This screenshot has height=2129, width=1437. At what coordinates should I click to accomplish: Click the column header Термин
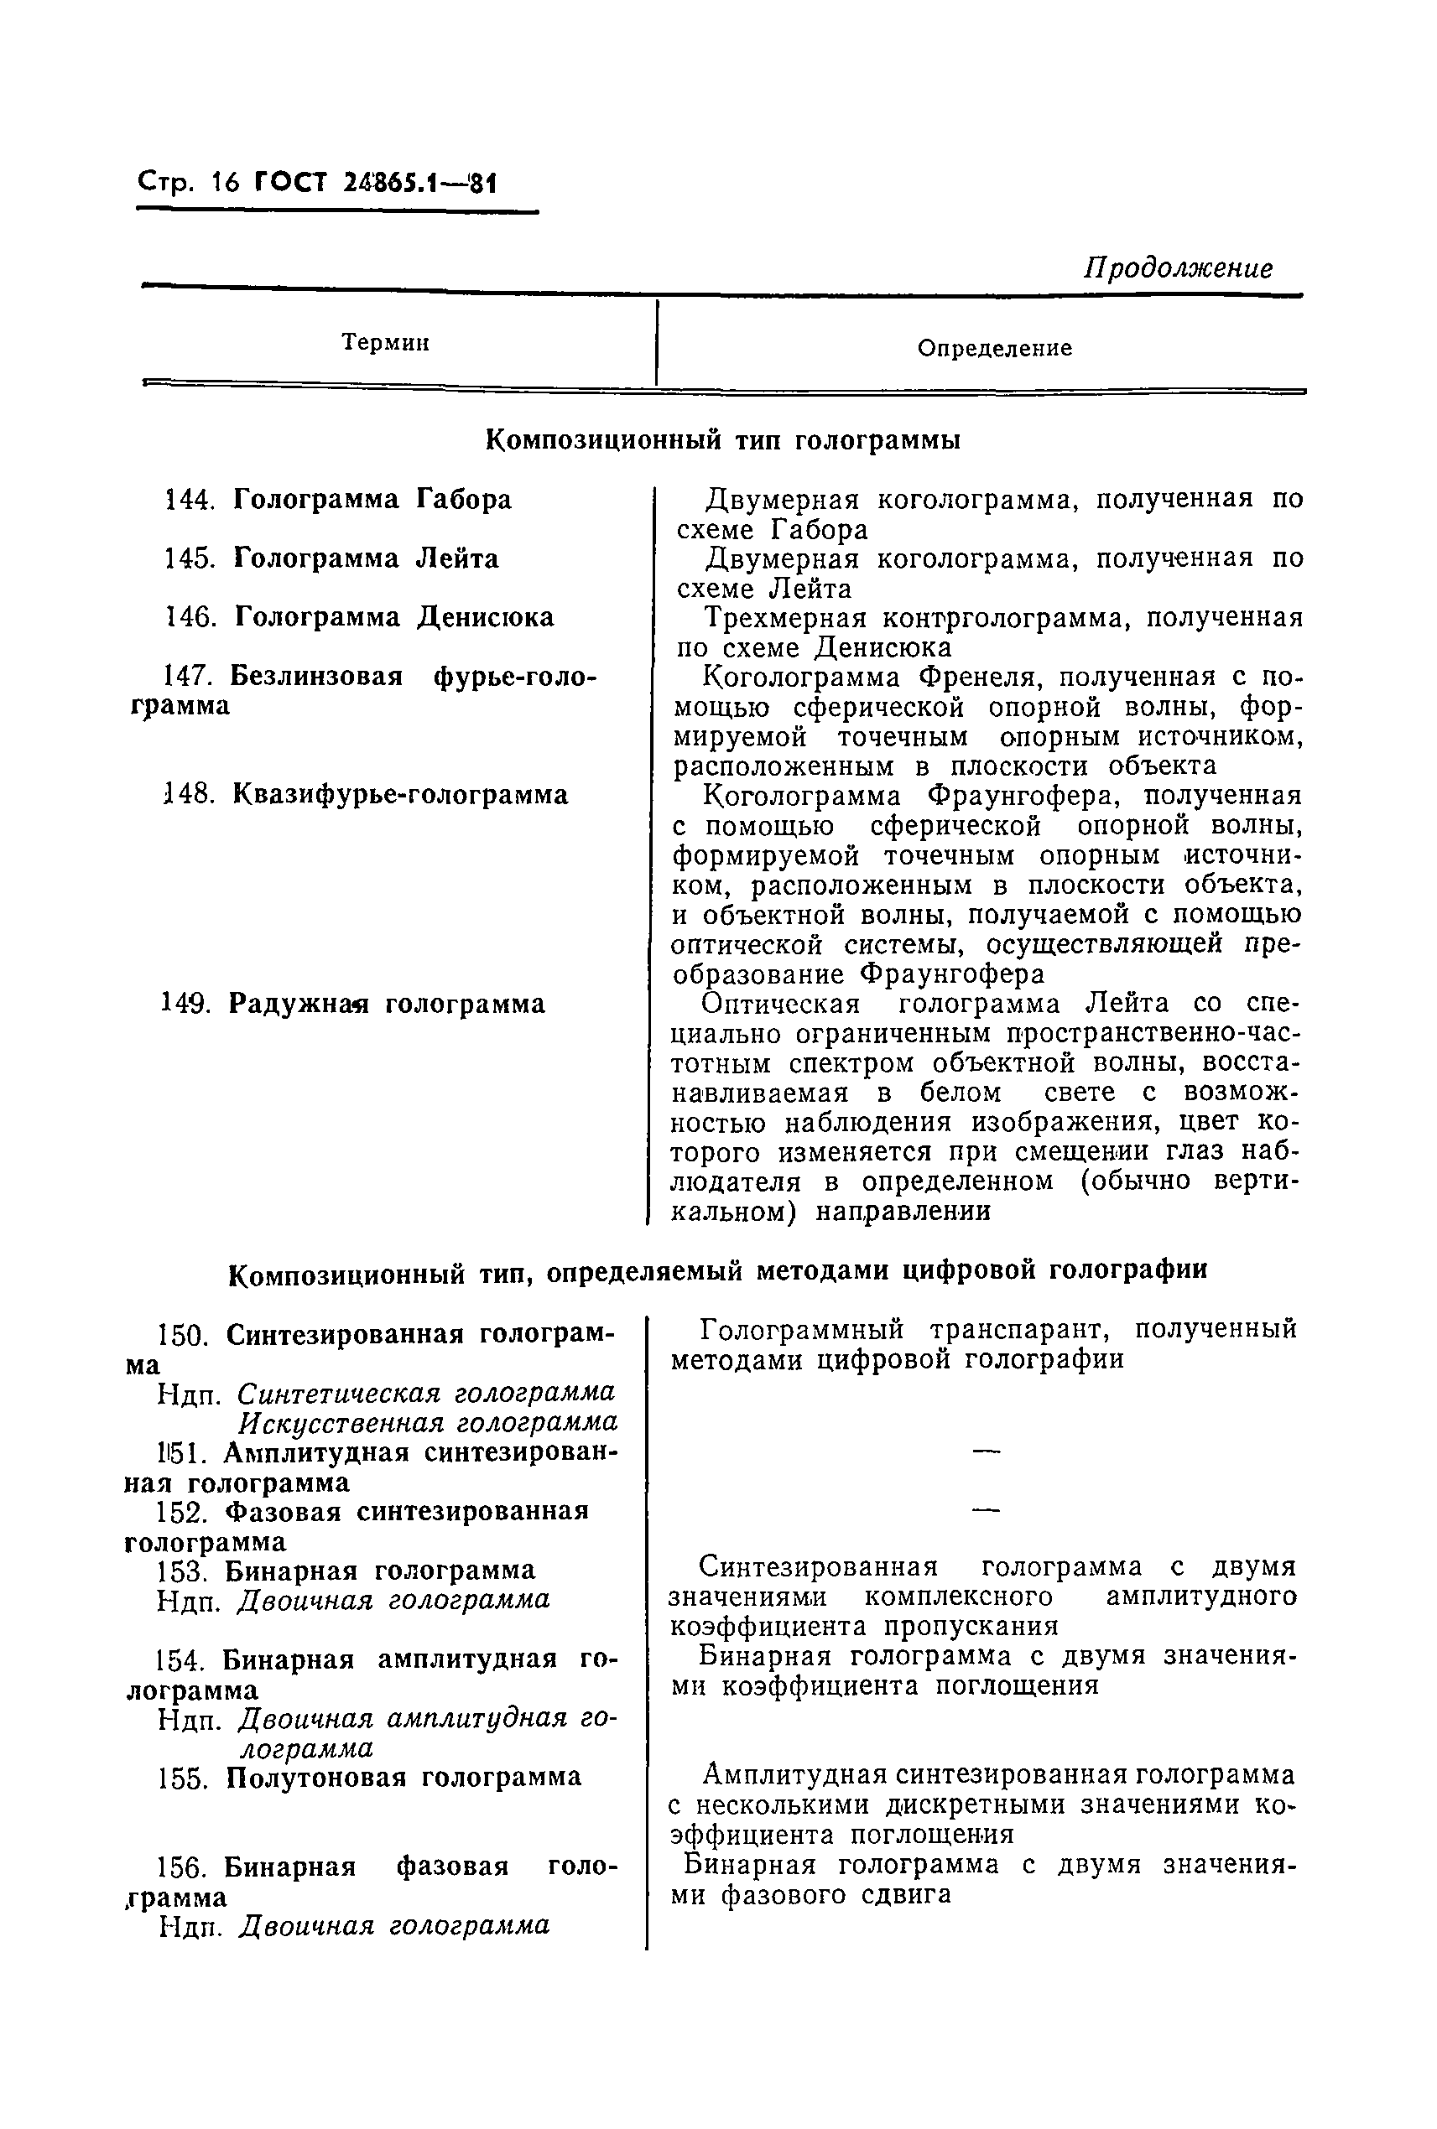tap(385, 343)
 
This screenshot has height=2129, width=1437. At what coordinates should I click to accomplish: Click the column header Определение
tap(994, 348)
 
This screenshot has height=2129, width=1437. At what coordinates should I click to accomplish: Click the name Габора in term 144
tap(464, 501)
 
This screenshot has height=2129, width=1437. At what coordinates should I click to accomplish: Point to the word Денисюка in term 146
tap(486, 617)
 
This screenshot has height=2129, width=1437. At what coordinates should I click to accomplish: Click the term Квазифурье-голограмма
tap(400, 794)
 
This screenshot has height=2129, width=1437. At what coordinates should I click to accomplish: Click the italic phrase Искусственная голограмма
tap(428, 1423)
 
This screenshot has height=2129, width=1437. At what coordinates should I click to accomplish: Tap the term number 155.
tap(186, 1778)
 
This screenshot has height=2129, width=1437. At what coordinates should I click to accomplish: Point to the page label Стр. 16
tap(188, 182)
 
